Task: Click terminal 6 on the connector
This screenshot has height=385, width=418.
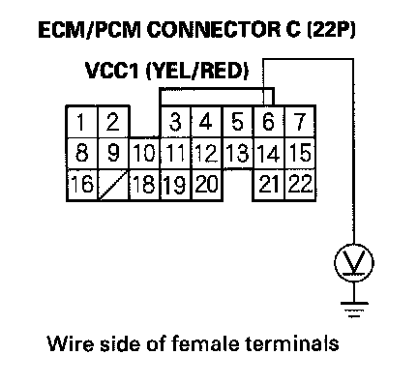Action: click(269, 122)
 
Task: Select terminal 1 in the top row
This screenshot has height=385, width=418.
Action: click(82, 122)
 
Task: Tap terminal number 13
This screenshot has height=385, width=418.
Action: click(238, 153)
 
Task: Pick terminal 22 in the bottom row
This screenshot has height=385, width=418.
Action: click(300, 185)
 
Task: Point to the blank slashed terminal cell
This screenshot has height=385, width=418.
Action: click(113, 185)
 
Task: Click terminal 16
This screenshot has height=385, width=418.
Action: click(82, 185)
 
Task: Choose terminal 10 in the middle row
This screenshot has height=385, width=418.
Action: click(144, 153)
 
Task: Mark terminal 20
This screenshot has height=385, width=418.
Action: click(207, 185)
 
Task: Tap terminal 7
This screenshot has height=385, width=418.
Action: click(300, 122)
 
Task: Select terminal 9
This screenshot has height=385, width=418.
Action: click(113, 153)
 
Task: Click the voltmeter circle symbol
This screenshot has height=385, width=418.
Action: click(354, 263)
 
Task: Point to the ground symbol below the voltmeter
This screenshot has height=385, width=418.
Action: click(354, 309)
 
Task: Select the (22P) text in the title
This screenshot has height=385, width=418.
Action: click(330, 30)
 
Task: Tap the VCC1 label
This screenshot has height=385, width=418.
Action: click(112, 71)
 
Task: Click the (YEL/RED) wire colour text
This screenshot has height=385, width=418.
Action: click(197, 71)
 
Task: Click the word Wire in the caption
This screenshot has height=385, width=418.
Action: click(71, 343)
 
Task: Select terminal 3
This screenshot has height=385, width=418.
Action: click(175, 122)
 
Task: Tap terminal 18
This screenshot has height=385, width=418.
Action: click(144, 185)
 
